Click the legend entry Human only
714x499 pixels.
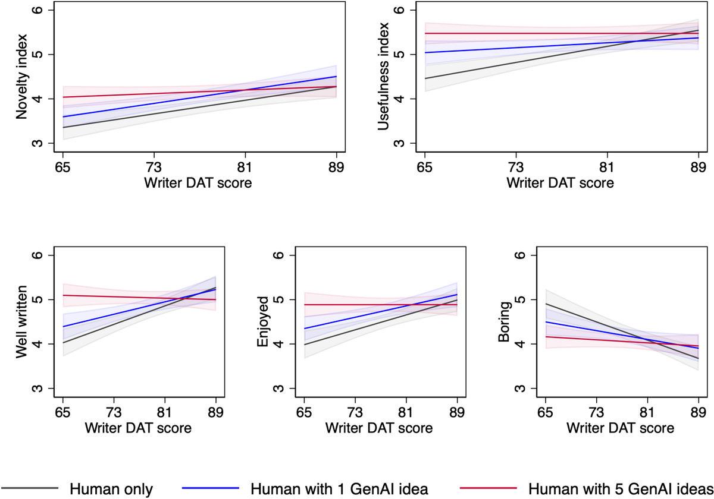point(111,489)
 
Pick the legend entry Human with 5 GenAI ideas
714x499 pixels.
point(621,489)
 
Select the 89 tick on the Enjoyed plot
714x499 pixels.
point(457,412)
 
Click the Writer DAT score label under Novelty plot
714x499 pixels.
point(198,183)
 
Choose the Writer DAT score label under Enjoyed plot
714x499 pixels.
point(379,428)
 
